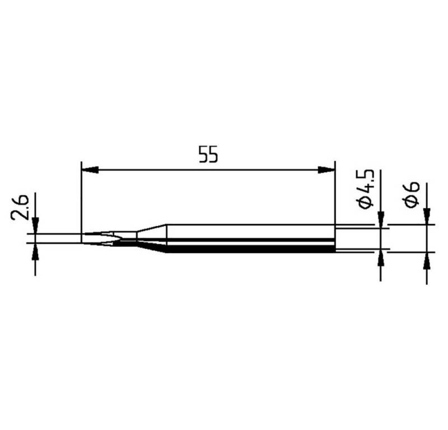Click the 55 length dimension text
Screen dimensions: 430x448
[x=207, y=155]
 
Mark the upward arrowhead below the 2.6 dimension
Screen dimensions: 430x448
[x=35, y=250]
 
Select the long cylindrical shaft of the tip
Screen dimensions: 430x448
[x=252, y=239]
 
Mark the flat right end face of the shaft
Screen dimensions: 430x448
[x=335, y=239]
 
